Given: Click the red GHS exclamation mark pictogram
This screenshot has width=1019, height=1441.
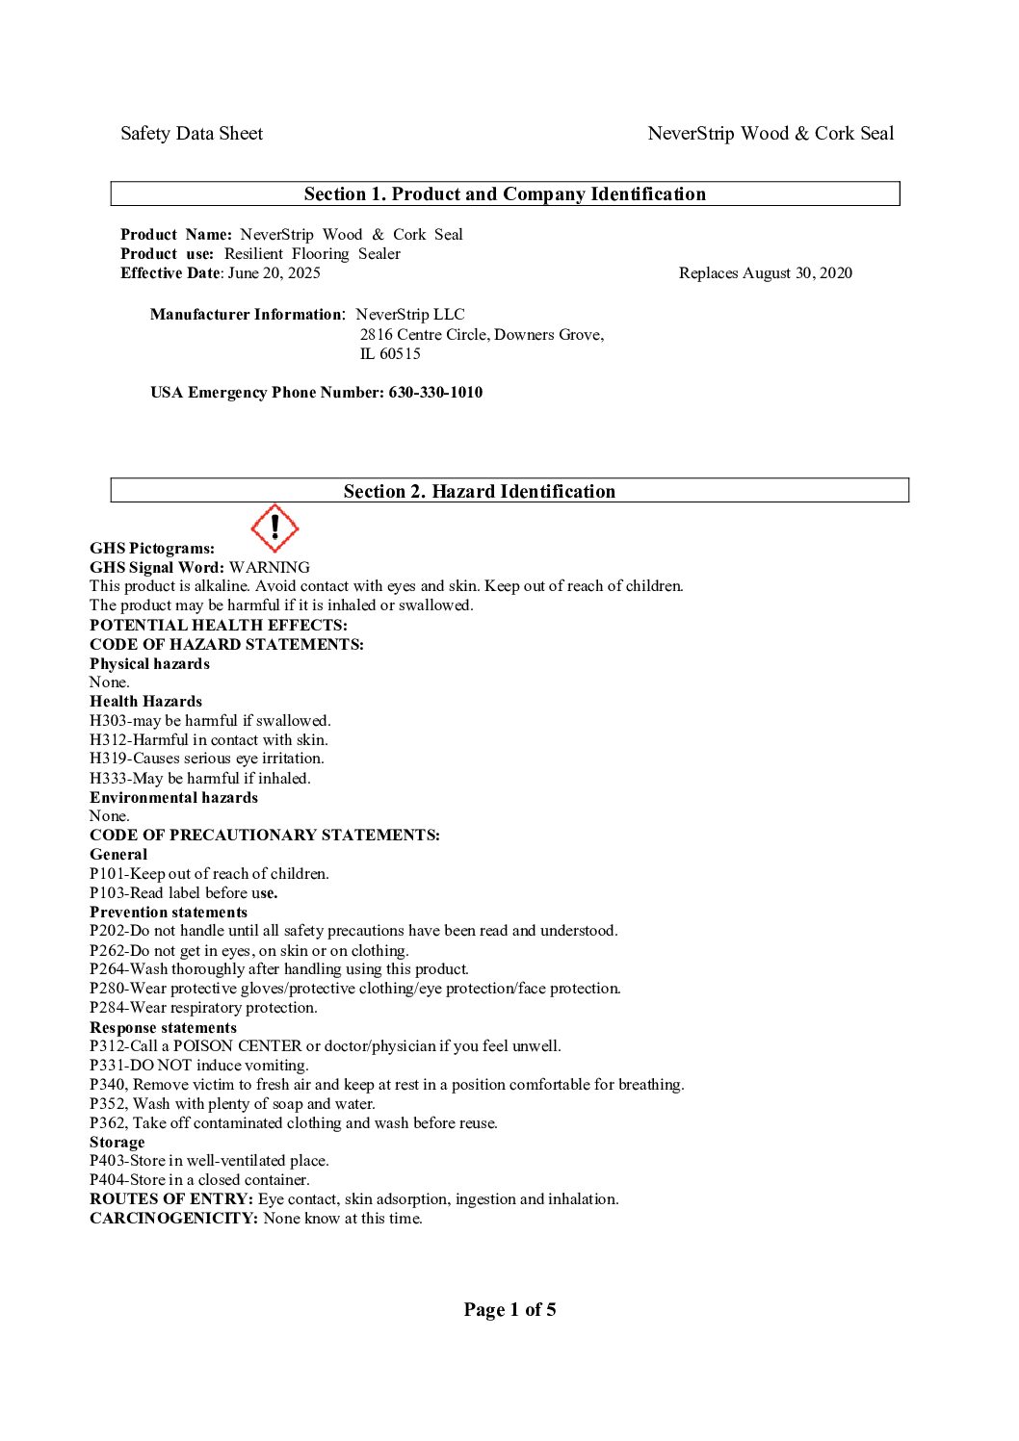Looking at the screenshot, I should click(x=274, y=528).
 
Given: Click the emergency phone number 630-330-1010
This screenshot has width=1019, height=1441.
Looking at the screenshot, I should click(x=435, y=393).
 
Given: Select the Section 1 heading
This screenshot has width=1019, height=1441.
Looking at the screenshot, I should click(x=505, y=194).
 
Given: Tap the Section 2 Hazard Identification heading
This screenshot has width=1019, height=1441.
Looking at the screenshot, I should click(x=479, y=492).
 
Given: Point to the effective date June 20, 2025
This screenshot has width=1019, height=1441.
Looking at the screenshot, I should click(x=274, y=273).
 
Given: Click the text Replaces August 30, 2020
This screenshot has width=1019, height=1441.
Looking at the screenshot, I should click(x=765, y=273).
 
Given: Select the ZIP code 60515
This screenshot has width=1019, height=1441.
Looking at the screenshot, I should click(x=400, y=354).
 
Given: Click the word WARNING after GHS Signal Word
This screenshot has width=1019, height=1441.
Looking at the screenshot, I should click(x=270, y=568).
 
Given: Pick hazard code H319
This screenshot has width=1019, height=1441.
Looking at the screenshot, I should click(x=108, y=759).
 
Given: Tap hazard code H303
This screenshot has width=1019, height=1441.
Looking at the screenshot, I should click(x=108, y=721).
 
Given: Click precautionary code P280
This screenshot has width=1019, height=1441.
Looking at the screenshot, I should click(x=107, y=989).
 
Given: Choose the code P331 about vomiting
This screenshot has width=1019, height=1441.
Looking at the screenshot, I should click(x=107, y=1066).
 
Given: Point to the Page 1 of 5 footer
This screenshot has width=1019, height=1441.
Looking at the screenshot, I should click(x=509, y=1309).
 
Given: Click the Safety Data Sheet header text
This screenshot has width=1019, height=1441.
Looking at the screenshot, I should click(x=192, y=134).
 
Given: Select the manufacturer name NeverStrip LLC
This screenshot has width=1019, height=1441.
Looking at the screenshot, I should click(x=410, y=315).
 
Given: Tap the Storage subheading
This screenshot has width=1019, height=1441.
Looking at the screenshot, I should click(x=118, y=1143).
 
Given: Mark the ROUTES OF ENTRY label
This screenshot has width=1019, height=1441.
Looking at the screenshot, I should click(x=171, y=1199).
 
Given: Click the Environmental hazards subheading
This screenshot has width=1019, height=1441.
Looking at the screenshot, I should click(x=173, y=798).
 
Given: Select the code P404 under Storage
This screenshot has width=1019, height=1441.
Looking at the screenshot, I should click(x=107, y=1180).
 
